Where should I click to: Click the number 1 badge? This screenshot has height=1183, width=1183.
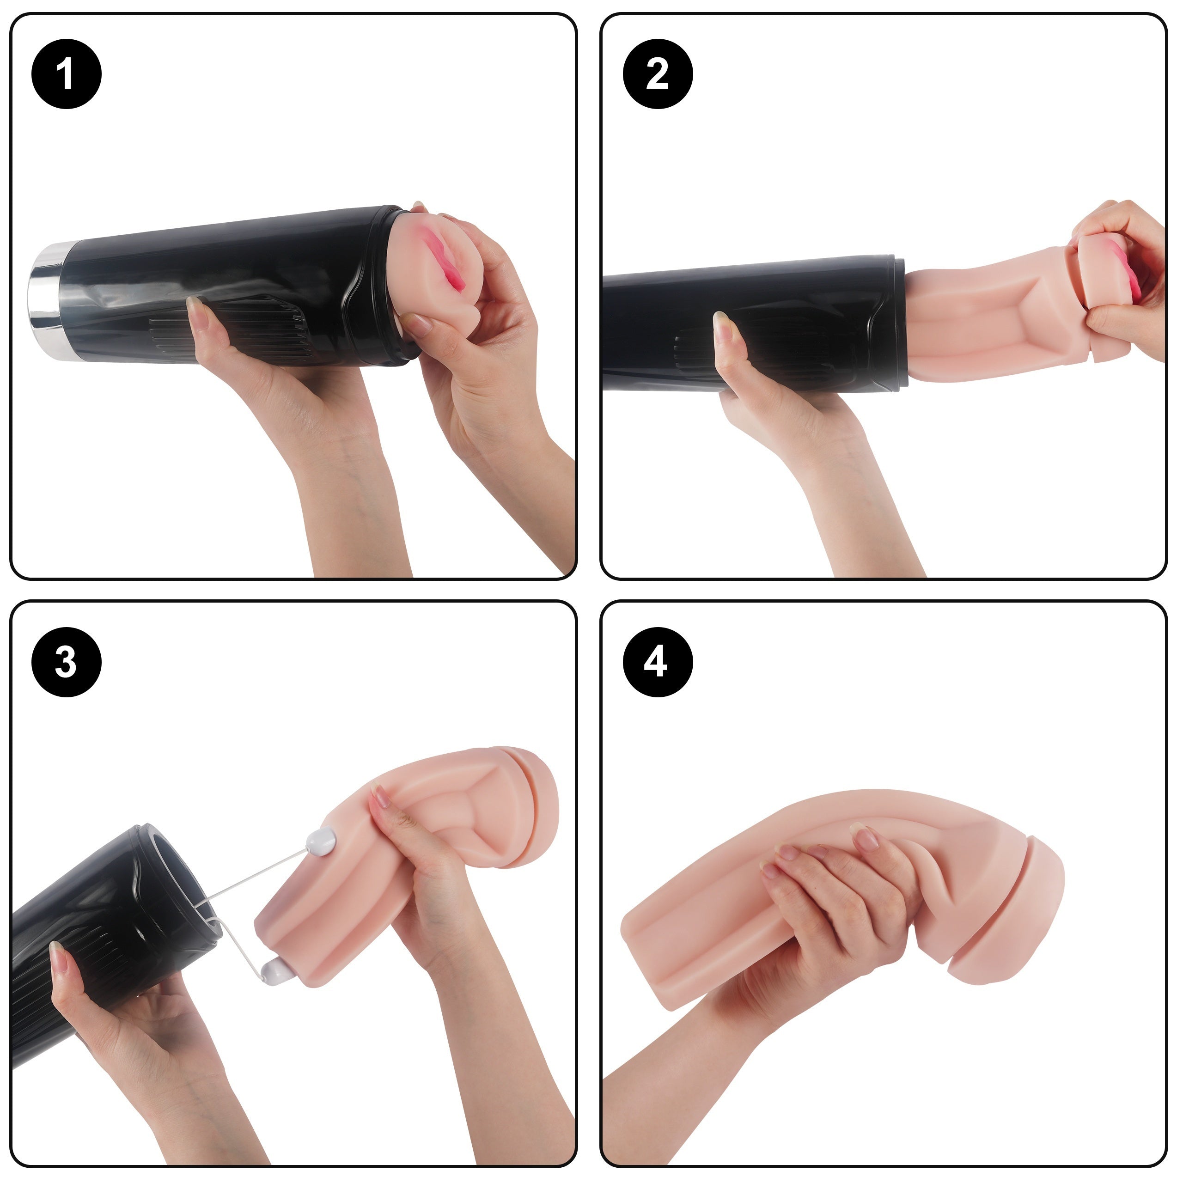66,74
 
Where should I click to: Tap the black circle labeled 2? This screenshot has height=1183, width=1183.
658,74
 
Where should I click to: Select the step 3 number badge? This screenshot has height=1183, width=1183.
66,662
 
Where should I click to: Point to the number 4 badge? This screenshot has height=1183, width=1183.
658,662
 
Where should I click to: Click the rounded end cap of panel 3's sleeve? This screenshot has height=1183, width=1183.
539,805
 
